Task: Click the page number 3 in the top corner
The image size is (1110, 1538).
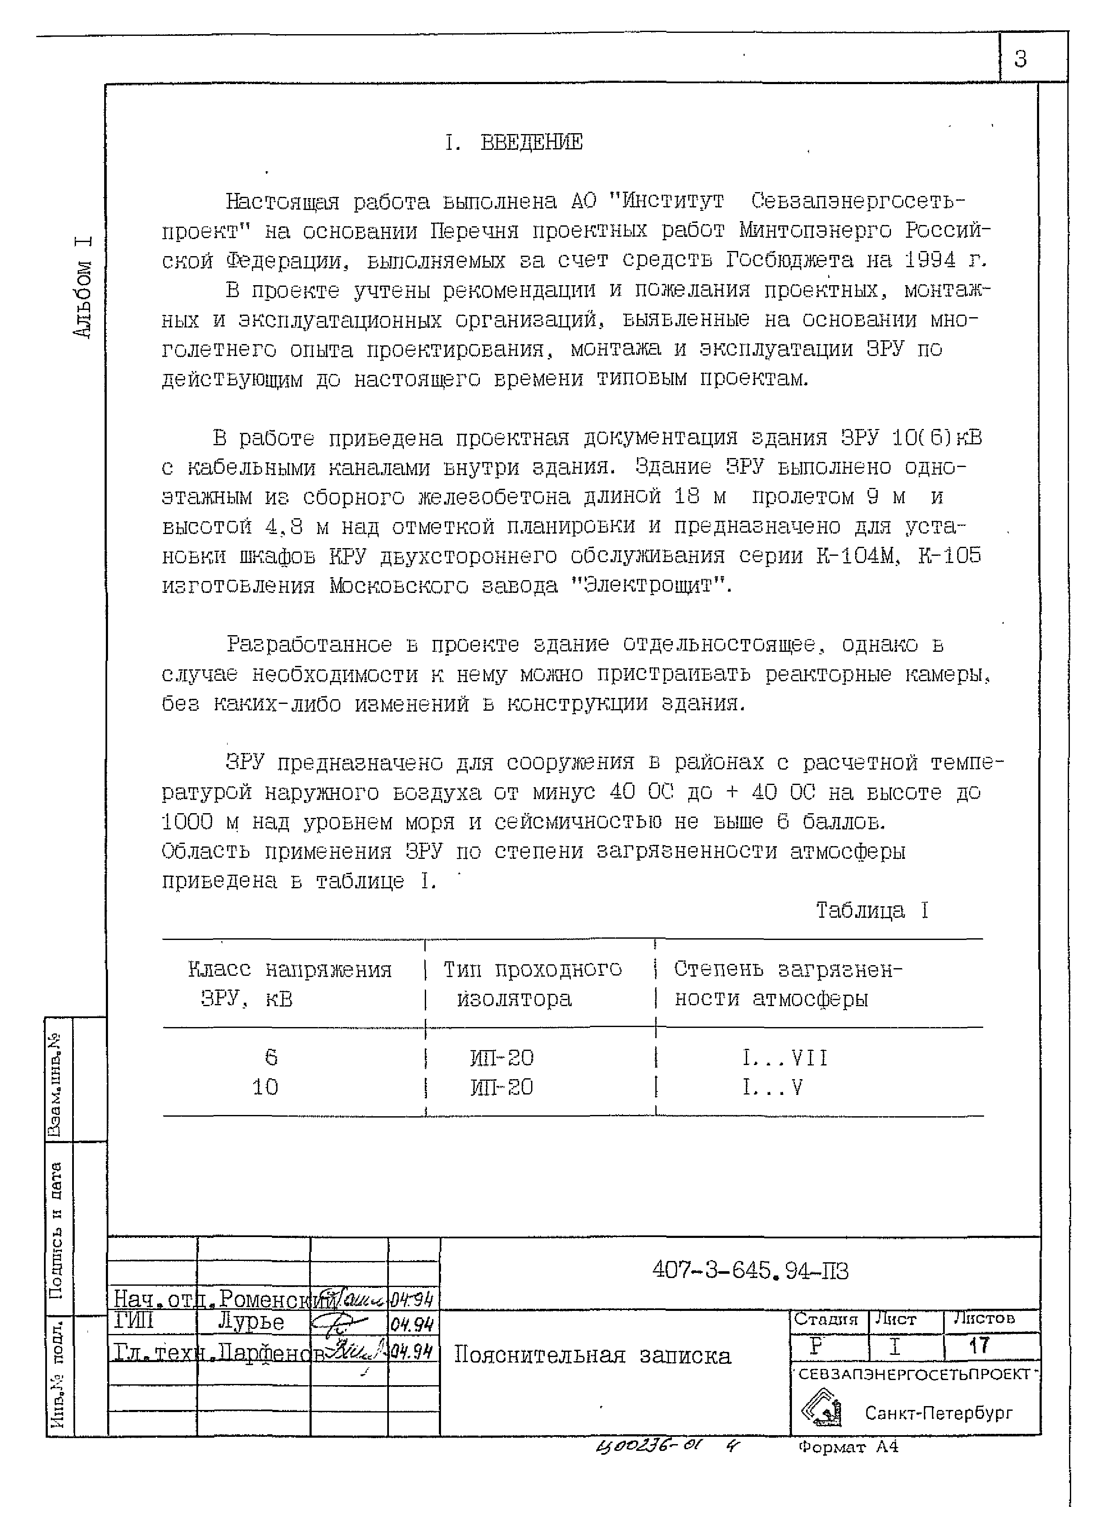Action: (x=1020, y=60)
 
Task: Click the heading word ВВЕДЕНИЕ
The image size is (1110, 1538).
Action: (x=531, y=143)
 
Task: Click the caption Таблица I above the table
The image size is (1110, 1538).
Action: (x=871, y=910)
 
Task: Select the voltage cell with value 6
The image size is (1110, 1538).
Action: (x=271, y=1057)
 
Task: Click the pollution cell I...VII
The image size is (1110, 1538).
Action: (x=785, y=1058)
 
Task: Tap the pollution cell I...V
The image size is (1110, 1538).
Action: (x=772, y=1088)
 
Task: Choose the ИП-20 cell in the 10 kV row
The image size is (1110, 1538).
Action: (x=502, y=1088)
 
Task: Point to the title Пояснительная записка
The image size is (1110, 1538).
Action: (x=592, y=1356)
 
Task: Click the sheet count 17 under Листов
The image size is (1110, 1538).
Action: (x=979, y=1345)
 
